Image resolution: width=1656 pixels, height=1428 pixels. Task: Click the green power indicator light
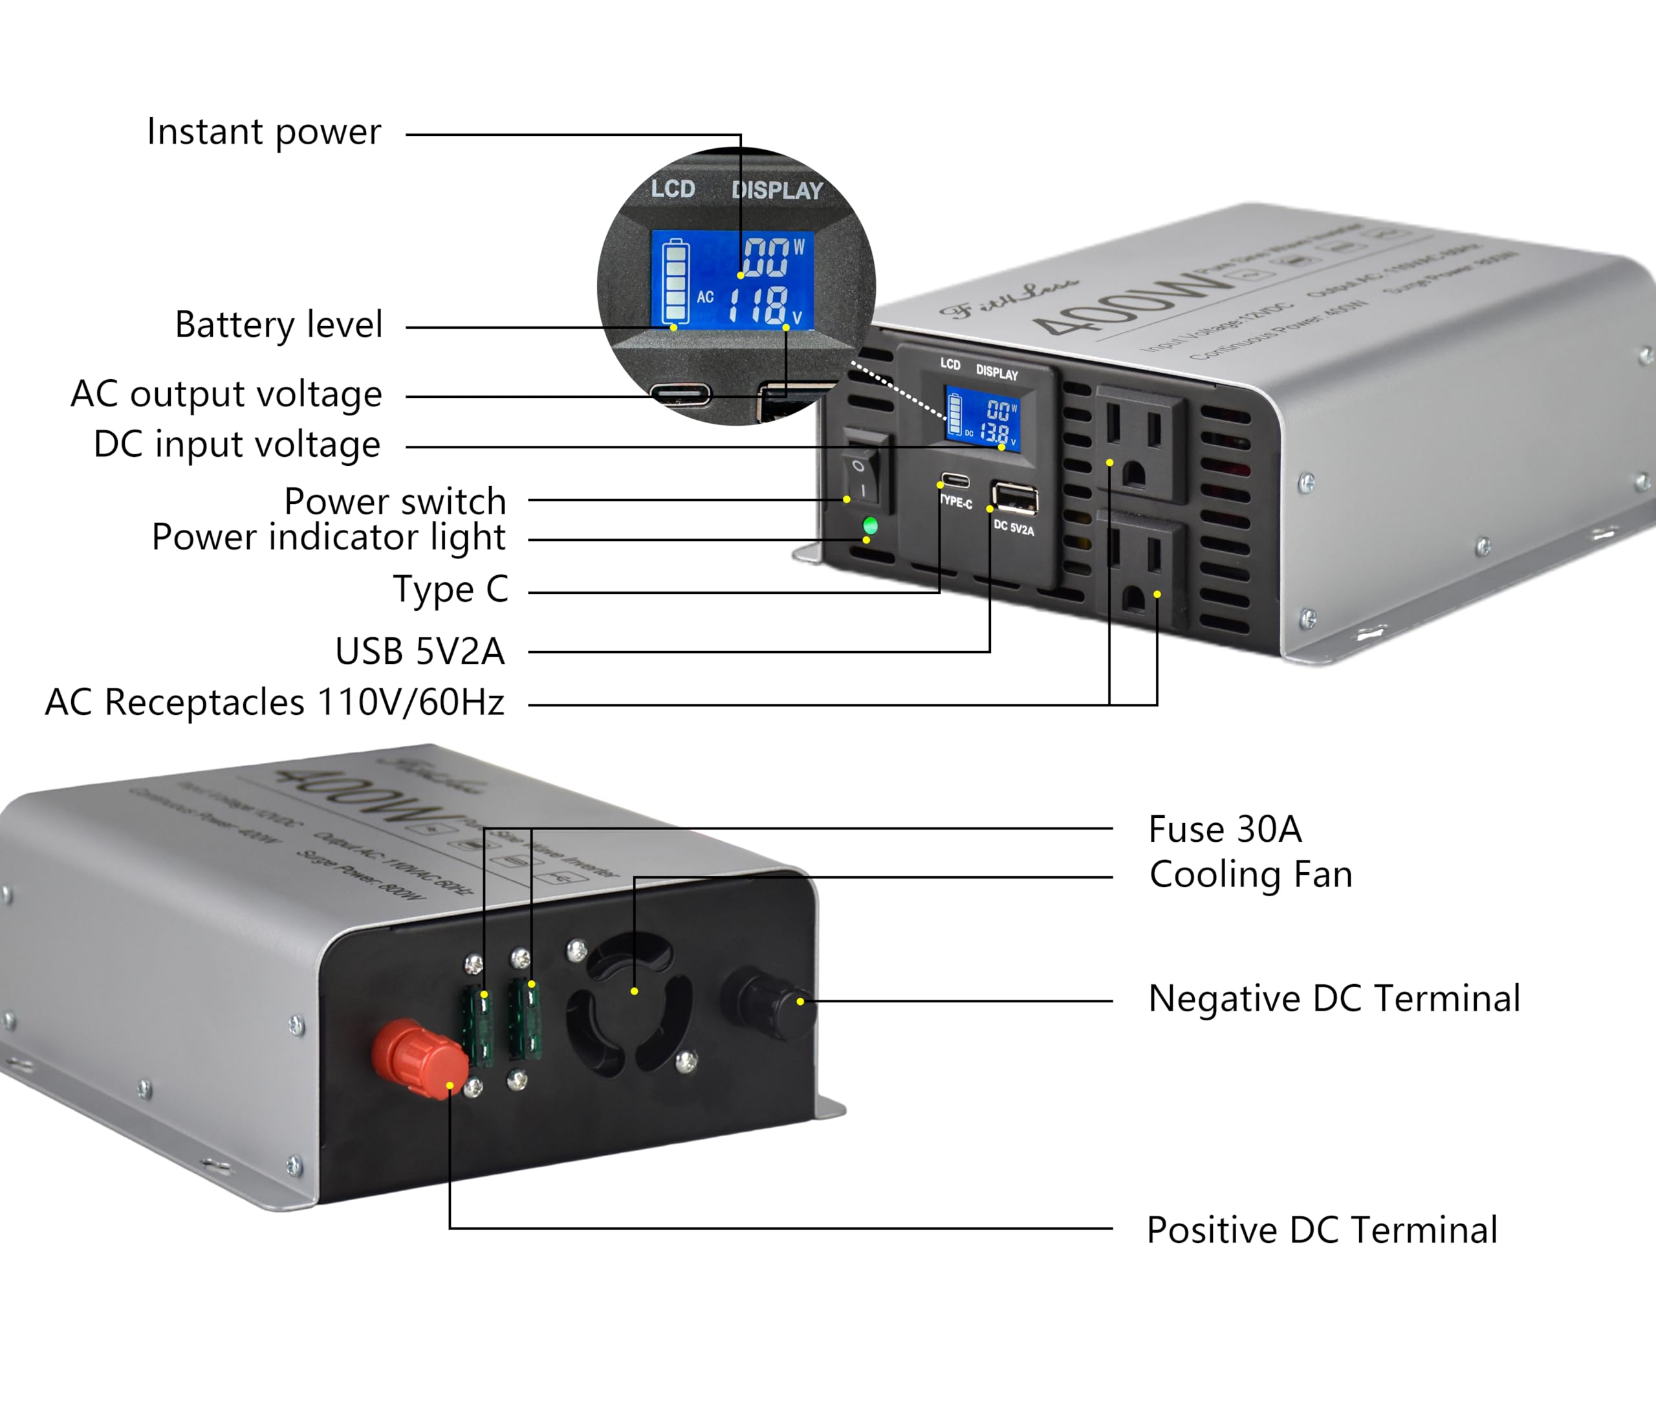(x=870, y=525)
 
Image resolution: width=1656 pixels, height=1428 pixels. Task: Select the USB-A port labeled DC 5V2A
(x=1014, y=499)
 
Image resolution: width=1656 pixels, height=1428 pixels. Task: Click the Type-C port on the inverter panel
(x=955, y=481)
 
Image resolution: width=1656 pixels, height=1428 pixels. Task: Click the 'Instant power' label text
(x=264, y=132)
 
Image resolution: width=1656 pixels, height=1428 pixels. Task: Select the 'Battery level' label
(x=279, y=325)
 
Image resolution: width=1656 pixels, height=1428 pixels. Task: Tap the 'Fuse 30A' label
(x=1225, y=829)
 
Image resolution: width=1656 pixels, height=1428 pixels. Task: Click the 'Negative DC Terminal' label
(x=1334, y=998)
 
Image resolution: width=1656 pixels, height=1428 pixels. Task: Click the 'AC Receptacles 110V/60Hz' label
(x=274, y=702)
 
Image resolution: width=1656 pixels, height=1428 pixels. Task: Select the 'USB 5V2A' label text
(x=420, y=651)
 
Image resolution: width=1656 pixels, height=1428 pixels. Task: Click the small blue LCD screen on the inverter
(x=982, y=420)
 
